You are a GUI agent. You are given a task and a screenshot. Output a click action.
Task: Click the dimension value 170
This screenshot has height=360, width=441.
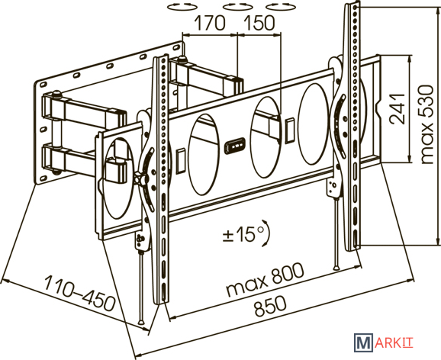210,23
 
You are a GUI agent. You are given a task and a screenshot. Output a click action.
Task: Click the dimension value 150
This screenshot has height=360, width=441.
259,23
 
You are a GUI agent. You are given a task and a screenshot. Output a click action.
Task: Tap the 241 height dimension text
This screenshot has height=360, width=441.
398,108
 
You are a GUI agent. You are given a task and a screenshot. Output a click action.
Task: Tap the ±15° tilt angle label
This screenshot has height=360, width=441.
243,234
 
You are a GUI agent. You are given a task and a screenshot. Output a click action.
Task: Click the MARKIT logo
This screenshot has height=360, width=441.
384,342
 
